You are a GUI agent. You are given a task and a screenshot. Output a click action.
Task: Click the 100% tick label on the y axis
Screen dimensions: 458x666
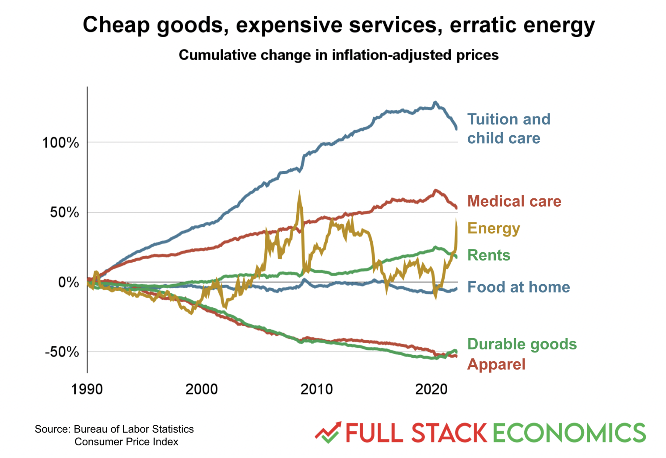click(x=60, y=143)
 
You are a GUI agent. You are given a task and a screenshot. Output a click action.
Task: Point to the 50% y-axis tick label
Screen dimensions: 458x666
click(x=64, y=213)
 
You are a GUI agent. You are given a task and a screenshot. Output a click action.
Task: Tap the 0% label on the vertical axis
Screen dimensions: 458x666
click(x=68, y=282)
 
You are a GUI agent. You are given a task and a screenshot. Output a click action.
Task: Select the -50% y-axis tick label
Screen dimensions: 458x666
click(x=62, y=352)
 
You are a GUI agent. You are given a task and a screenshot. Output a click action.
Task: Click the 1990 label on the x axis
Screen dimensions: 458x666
click(x=87, y=389)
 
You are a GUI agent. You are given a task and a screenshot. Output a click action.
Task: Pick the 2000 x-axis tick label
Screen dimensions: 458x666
click(x=202, y=389)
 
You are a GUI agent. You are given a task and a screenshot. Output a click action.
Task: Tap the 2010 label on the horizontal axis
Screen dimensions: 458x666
click(x=316, y=389)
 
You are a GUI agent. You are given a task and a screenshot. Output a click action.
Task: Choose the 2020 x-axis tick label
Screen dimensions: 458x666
click(x=431, y=389)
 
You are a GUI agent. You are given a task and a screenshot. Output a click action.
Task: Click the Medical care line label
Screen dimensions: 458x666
click(x=514, y=201)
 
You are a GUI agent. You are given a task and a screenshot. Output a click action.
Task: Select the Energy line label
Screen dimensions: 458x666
click(x=494, y=229)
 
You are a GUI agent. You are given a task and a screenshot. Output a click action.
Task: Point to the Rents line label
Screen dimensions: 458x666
click(x=489, y=255)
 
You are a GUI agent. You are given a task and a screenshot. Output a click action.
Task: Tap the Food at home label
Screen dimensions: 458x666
click(x=519, y=287)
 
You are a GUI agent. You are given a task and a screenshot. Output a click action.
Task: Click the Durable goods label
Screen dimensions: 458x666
click(x=522, y=344)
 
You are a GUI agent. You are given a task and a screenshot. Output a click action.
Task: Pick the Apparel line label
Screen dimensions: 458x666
click(x=496, y=364)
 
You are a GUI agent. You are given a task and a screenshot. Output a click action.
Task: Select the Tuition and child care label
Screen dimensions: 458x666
click(x=508, y=129)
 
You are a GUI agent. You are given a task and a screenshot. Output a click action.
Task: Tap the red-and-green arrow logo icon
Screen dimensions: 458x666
click(x=328, y=433)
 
